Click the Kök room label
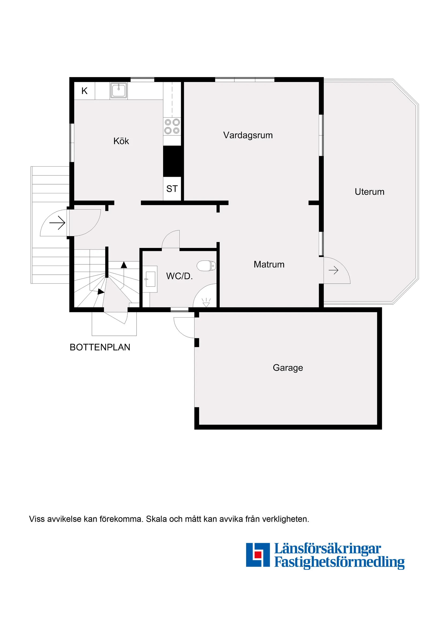point(121,141)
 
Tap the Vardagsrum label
point(248,135)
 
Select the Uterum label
point(369,192)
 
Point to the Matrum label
point(269,264)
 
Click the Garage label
point(288,368)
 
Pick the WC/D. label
point(179,276)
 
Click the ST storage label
point(172,189)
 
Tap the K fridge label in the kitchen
point(84,91)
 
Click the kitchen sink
point(118,90)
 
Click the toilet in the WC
point(206,266)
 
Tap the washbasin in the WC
point(150,279)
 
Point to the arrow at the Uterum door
point(333,270)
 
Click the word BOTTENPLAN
point(100,347)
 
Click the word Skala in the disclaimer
point(156,519)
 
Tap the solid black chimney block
point(172,161)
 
